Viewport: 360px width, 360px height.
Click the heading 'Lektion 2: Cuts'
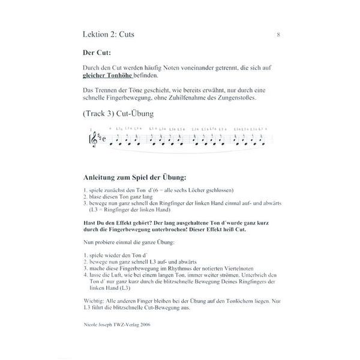click(x=109, y=35)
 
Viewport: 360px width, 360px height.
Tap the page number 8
click(x=278, y=35)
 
